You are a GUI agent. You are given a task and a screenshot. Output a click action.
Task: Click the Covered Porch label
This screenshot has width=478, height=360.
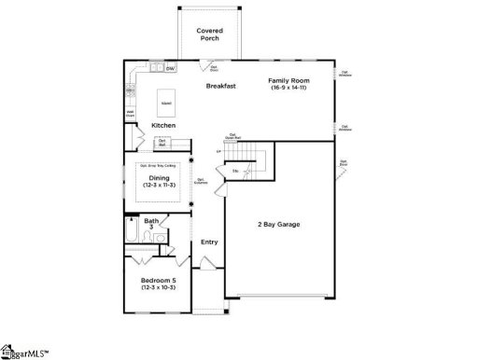tap(210, 35)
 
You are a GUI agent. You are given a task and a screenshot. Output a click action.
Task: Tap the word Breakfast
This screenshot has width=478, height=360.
tap(221, 86)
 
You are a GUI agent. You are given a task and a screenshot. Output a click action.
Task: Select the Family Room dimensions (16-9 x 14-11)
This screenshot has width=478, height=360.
tap(288, 87)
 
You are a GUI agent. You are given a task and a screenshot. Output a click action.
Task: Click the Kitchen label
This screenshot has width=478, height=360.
tap(164, 125)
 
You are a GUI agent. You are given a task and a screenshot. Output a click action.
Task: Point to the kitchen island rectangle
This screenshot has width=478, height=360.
tap(166, 100)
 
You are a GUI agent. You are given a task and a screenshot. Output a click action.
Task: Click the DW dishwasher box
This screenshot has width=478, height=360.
tap(171, 68)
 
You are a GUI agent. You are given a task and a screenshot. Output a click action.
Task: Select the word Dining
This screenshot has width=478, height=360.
tap(160, 177)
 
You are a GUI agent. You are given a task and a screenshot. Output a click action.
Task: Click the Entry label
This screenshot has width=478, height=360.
tap(208, 242)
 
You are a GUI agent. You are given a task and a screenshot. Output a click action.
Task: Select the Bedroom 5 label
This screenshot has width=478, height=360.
tap(159, 280)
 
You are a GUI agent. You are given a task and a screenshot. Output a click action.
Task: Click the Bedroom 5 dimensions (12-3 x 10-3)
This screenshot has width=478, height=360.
tap(159, 287)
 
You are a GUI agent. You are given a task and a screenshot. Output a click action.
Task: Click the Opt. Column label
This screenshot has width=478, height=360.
tap(201, 182)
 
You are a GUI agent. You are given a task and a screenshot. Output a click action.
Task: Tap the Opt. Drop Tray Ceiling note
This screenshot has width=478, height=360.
tap(158, 165)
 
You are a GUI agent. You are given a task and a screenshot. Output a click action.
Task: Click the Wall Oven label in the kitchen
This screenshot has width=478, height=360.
tap(131, 114)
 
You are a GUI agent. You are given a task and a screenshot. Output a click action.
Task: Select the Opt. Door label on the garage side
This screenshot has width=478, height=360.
tap(344, 163)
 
